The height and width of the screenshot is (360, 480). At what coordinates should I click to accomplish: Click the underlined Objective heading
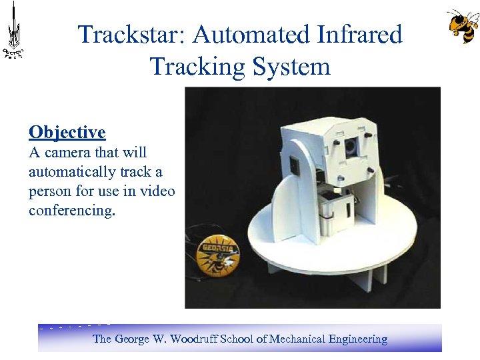pyautogui.click(x=67, y=132)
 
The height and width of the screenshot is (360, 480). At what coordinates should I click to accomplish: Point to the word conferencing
pyautogui.click(x=71, y=211)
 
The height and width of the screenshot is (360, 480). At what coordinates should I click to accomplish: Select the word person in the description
pyautogui.click(x=49, y=191)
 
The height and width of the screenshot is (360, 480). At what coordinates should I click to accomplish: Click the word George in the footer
pyautogui.click(x=133, y=339)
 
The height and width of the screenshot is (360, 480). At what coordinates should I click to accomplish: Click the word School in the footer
pyautogui.click(x=236, y=339)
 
